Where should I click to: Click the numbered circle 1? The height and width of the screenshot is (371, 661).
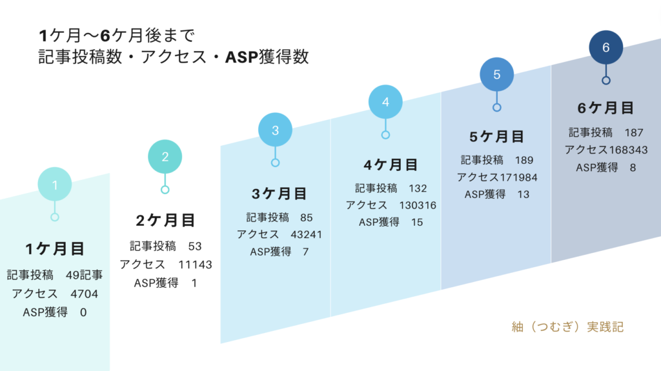(55, 185)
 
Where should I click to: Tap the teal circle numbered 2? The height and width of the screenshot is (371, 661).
(165, 157)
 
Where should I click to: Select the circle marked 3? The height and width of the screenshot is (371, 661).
(275, 130)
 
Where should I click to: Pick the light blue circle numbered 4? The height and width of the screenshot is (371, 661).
(385, 102)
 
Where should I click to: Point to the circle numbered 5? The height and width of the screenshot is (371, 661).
(496, 75)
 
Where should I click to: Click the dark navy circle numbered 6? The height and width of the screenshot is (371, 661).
(605, 47)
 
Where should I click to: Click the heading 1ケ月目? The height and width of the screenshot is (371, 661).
(55, 249)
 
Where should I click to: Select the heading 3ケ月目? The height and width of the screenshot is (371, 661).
(279, 194)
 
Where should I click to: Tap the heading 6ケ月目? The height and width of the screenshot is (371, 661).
(605, 108)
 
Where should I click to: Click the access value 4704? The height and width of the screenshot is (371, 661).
(84, 294)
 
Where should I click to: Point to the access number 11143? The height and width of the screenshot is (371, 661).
(195, 265)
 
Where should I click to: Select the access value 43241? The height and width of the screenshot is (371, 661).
(306, 235)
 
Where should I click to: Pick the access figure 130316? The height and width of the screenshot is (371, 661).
(418, 205)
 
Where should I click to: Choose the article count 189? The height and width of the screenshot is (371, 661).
(524, 160)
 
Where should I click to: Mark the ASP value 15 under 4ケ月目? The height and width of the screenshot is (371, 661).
(417, 222)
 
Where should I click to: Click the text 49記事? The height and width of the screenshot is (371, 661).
(84, 275)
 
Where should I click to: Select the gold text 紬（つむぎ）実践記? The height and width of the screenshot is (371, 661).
(567, 326)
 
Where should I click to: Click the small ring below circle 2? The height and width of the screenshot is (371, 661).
(165, 190)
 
